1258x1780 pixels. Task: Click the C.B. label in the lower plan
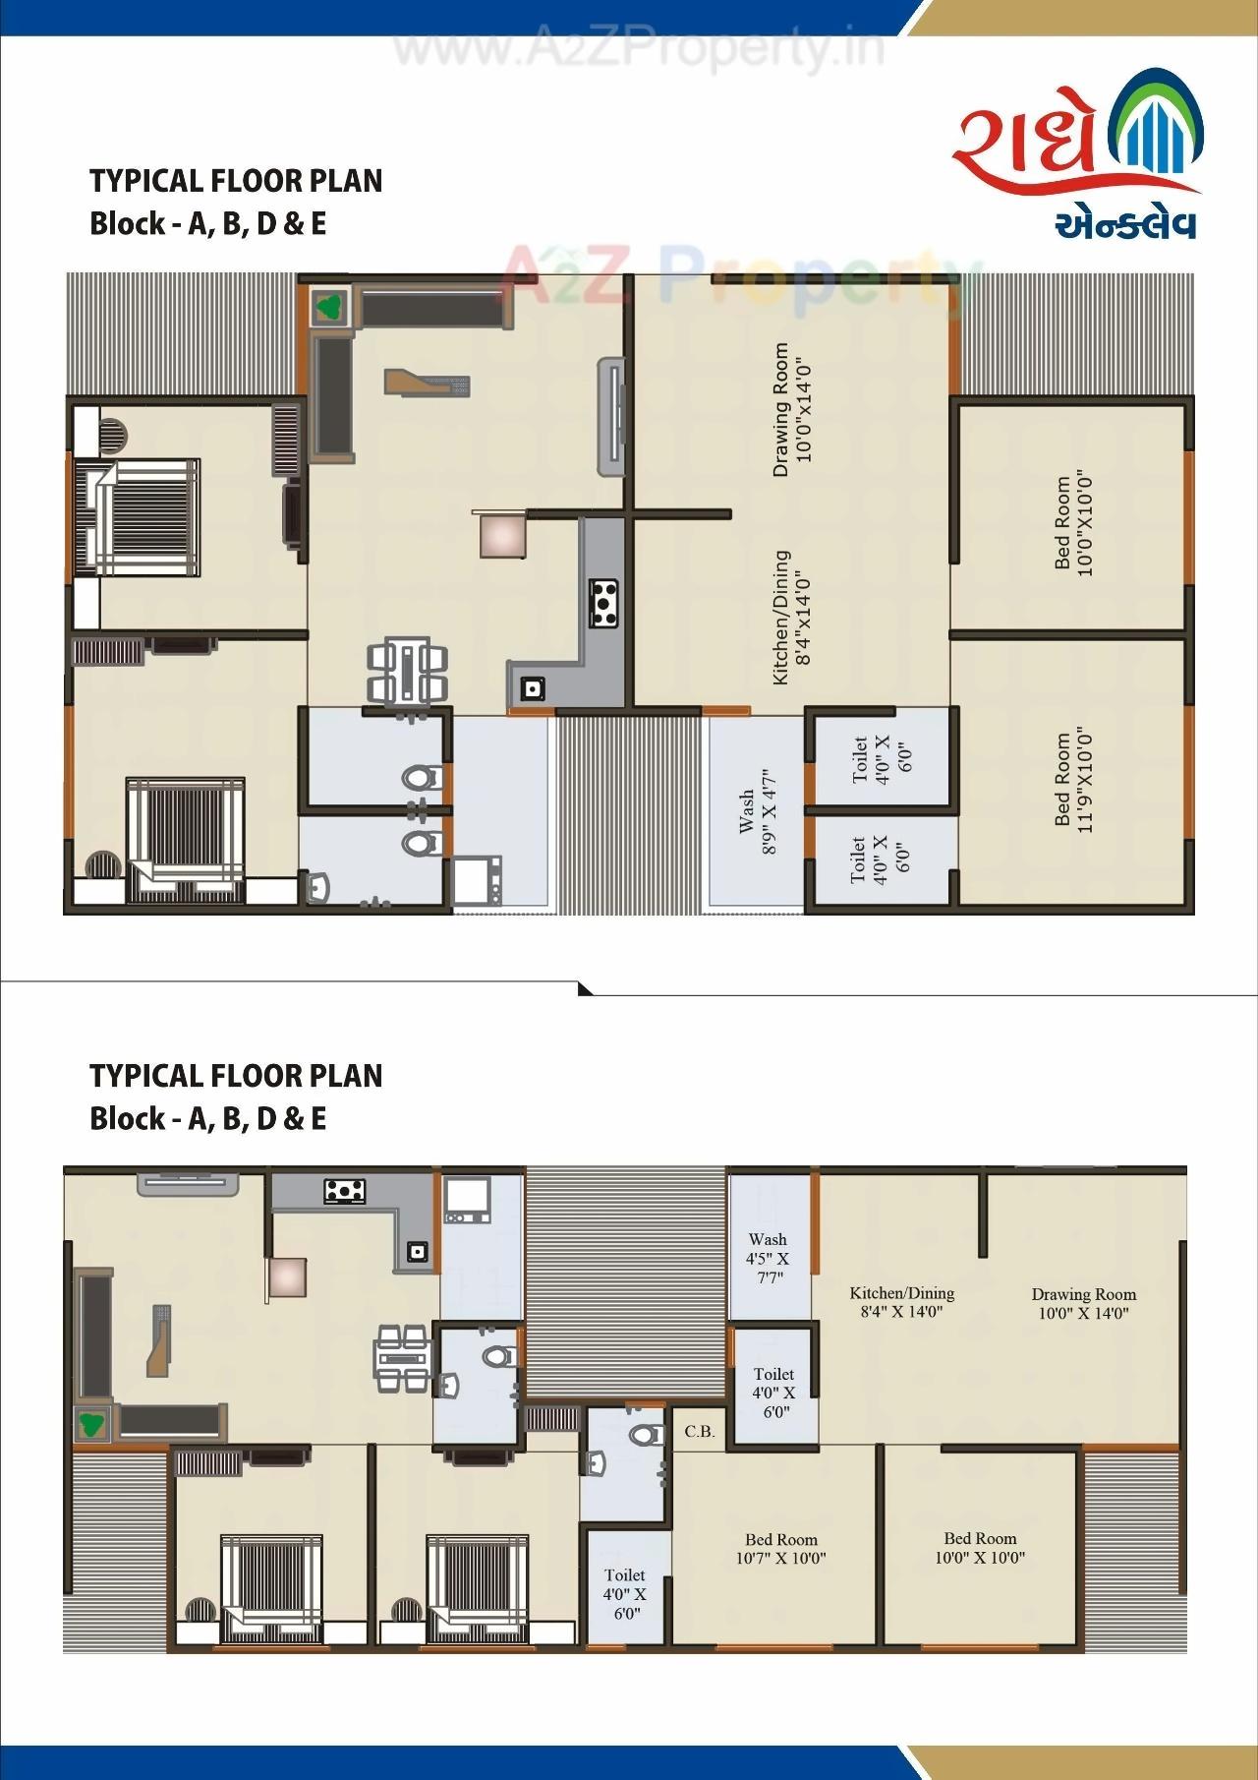click(x=700, y=1431)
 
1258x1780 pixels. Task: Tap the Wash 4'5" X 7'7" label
click(x=768, y=1259)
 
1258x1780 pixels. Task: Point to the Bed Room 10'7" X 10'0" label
click(x=781, y=1549)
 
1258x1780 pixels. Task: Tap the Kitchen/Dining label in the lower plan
click(x=901, y=1301)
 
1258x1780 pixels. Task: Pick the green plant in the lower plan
click(x=93, y=1423)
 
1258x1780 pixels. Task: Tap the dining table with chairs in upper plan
click(x=407, y=671)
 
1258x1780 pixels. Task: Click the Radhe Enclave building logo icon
click(x=1156, y=128)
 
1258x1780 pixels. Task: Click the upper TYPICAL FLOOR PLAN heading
click(x=236, y=181)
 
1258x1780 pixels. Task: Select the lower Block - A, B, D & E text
click(x=207, y=1118)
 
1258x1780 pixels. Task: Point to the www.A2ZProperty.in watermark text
click(x=639, y=49)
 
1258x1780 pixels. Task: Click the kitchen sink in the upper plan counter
click(x=532, y=687)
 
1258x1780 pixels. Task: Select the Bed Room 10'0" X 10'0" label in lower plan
click(x=980, y=1547)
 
